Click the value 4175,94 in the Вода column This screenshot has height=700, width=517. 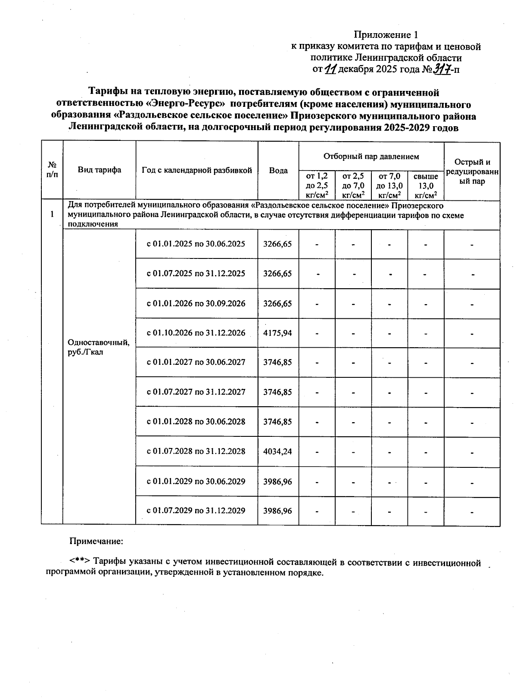pos(278,333)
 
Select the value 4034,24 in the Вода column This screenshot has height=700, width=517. pos(278,451)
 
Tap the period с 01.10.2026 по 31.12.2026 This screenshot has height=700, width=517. pos(196,333)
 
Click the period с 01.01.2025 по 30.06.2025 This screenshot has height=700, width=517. pos(196,244)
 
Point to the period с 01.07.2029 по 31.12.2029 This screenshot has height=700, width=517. pos(196,511)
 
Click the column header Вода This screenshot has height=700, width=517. pos(278,171)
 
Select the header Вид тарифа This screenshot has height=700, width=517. pos(100,170)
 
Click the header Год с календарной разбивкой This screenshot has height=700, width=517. pos(196,170)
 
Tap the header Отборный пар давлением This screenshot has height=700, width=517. pos(371,156)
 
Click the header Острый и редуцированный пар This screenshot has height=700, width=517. pos(472,171)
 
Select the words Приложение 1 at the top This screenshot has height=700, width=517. pos(386,34)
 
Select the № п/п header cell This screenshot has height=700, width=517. pos(52,170)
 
